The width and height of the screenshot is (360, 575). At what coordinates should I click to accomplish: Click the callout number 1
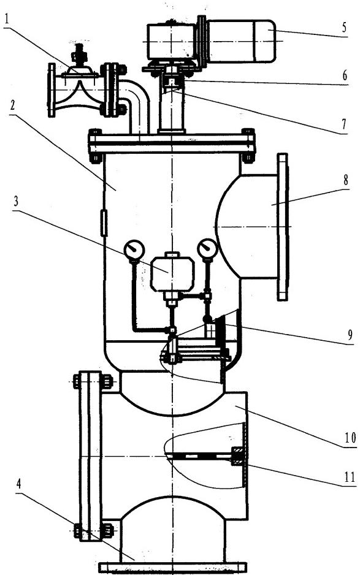(7, 19)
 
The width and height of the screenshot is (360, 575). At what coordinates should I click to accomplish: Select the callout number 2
(13, 106)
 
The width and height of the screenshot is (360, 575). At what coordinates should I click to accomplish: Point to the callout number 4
(19, 484)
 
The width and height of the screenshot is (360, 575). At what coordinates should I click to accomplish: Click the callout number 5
(344, 28)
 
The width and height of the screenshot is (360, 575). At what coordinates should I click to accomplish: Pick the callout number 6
(345, 75)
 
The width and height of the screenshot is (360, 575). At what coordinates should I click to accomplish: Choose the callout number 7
(344, 124)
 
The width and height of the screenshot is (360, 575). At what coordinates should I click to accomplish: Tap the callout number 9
(350, 335)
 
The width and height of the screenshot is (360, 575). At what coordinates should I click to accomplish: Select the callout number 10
(350, 438)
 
